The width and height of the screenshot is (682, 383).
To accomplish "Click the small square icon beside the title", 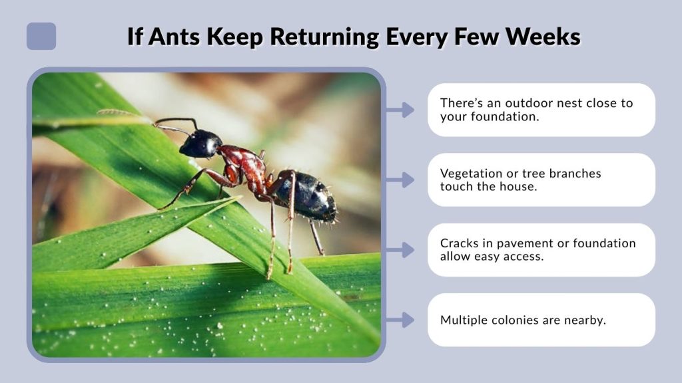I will coord(41,36).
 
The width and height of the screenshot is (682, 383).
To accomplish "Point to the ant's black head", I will coord(200,144).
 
